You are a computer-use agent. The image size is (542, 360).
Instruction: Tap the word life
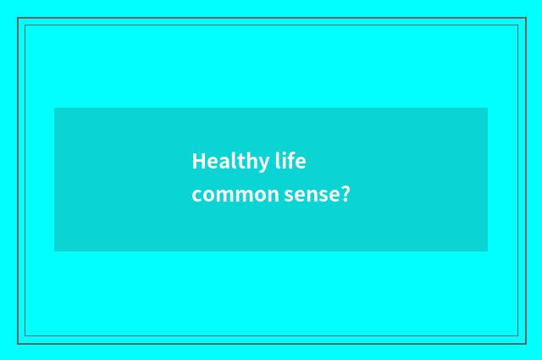[290, 160]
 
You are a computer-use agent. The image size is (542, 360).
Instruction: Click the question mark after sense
[344, 194]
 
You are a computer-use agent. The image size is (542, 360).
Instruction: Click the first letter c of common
[196, 196]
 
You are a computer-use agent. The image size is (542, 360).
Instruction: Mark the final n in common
[273, 196]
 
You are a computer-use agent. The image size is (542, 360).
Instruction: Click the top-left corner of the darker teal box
[54, 108]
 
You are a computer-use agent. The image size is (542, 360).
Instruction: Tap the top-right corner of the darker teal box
[488, 108]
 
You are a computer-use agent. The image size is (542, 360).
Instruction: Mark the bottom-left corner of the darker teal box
[54, 252]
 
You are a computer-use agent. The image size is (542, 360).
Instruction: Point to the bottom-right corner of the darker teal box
[488, 252]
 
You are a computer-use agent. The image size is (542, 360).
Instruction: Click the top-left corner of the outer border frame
[18, 18]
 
